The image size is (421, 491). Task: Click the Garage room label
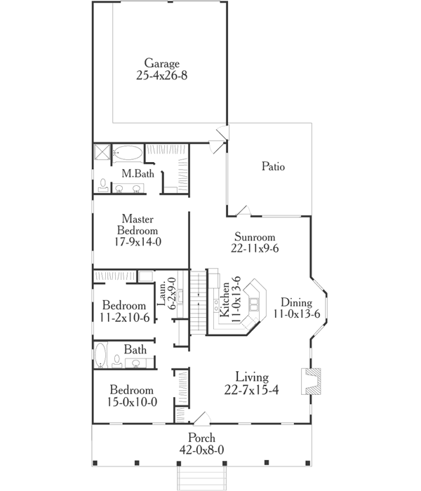(x=162, y=62)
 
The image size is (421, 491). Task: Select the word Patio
(x=273, y=167)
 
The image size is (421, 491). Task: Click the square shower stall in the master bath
(x=102, y=152)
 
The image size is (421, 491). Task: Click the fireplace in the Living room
(x=308, y=382)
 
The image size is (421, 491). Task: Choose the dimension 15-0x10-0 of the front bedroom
(x=131, y=402)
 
